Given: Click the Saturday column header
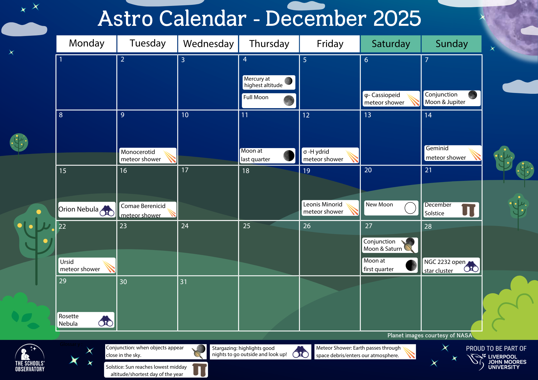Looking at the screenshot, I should (391, 44).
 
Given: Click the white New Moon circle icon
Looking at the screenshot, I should (410, 208).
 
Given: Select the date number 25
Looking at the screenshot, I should (246, 226).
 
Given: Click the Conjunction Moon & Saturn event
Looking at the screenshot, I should (390, 245).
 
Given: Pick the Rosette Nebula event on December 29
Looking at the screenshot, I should (86, 320).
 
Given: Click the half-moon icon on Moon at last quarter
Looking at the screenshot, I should (289, 156).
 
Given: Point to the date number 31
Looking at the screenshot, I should (183, 282).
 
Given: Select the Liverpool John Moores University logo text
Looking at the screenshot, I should (507, 362).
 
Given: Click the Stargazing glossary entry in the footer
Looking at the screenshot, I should (260, 352).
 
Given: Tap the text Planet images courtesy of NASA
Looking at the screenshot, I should (430, 335).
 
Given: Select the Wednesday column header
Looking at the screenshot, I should (208, 44).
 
